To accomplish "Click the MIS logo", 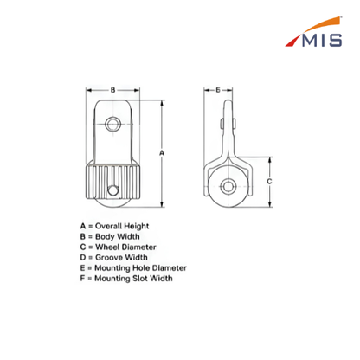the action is click(x=313, y=32).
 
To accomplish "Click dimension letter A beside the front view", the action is click(x=162, y=153).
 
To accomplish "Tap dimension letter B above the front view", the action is click(x=112, y=90).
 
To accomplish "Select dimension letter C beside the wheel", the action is click(x=269, y=182).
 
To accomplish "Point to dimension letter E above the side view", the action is click(x=218, y=90).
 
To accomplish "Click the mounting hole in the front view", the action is click(x=112, y=125).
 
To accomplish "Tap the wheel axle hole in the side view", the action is click(x=228, y=186).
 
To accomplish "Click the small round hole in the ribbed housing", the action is click(x=112, y=190).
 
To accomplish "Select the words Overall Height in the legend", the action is click(x=122, y=226).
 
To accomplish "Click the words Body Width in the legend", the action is click(x=118, y=236).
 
